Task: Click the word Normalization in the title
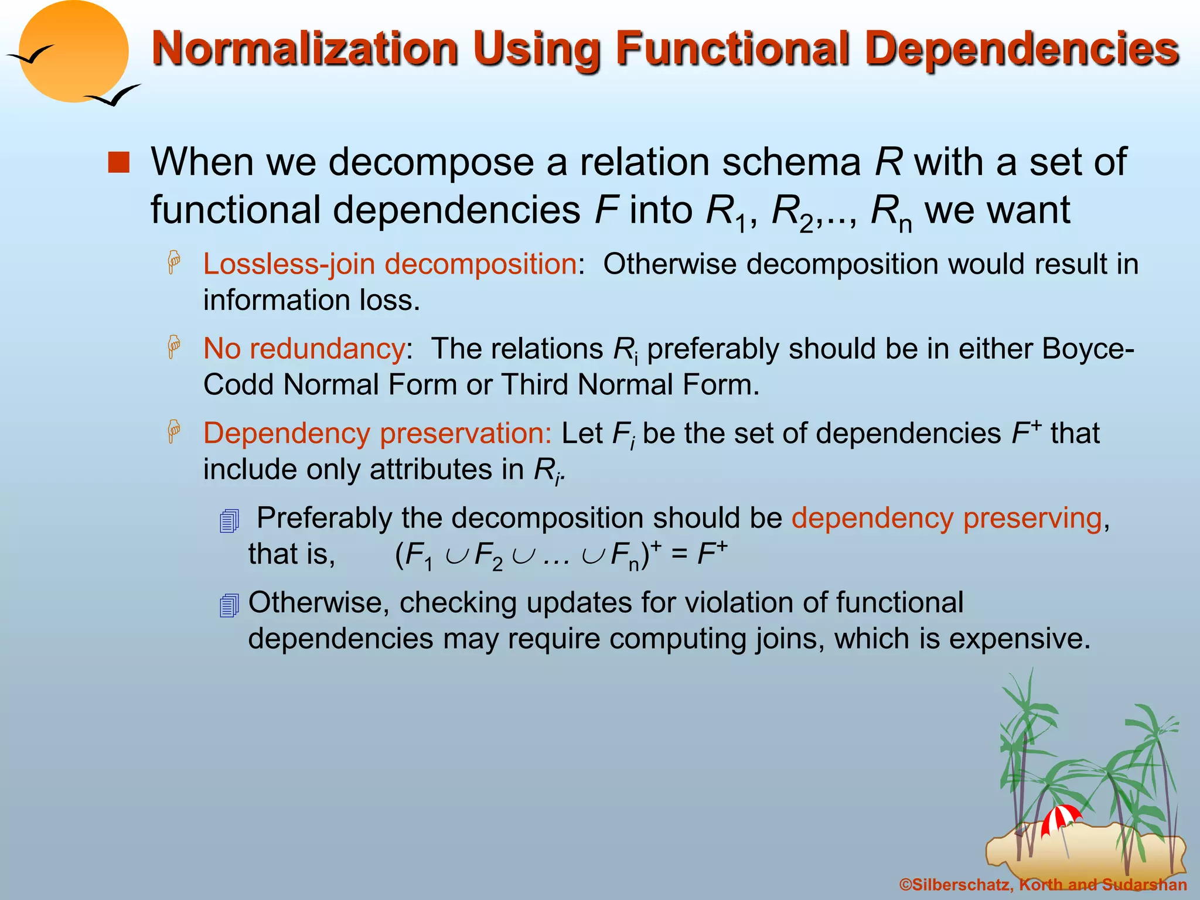click(305, 49)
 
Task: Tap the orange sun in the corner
click(73, 52)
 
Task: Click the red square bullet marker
click(119, 163)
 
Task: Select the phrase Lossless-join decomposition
click(390, 264)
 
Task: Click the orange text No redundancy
click(304, 349)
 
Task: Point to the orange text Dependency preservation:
click(377, 434)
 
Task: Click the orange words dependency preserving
click(946, 518)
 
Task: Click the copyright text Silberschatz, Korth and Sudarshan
click(1043, 885)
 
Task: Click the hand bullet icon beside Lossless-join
click(174, 262)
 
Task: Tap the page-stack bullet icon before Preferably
click(229, 520)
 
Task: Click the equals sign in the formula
click(679, 554)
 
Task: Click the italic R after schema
click(888, 162)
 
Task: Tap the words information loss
click(311, 301)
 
